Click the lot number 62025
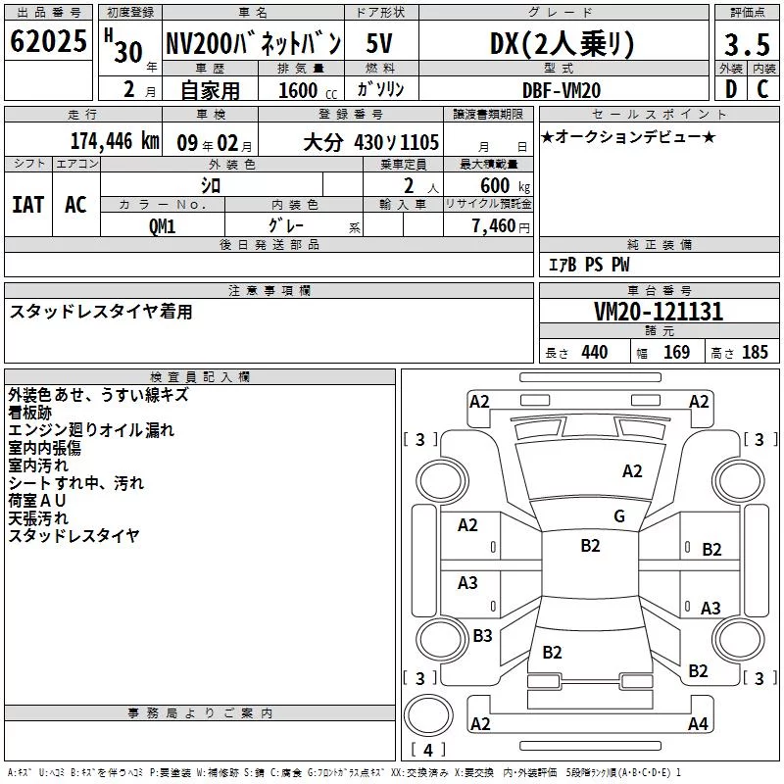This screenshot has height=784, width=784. coord(48,41)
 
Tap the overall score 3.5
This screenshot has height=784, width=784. coord(747,44)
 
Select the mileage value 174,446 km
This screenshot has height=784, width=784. coord(115,141)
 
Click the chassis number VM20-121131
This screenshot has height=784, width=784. coord(659,312)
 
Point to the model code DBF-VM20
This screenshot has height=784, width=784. coord(562,90)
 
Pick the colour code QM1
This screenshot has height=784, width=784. coord(162,226)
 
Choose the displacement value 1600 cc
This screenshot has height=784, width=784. coord(308,90)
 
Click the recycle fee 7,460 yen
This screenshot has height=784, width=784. coord(501,226)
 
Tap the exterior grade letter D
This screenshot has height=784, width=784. coord(731,89)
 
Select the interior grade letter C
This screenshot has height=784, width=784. coord(762,89)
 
